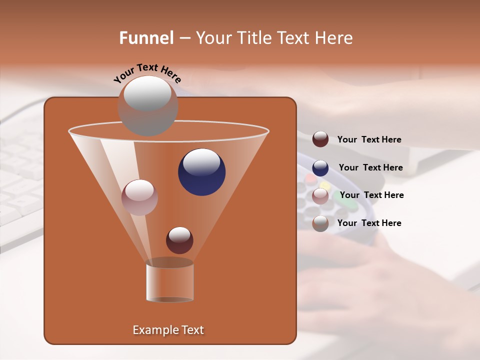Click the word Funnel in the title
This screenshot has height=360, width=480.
click(x=146, y=38)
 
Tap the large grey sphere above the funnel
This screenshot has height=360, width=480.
click(x=147, y=106)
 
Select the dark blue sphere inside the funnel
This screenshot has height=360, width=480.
click(x=202, y=172)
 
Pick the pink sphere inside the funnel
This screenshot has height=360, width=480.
click(x=139, y=197)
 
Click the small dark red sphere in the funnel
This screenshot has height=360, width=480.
click(x=179, y=240)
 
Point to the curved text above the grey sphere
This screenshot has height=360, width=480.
click(x=147, y=73)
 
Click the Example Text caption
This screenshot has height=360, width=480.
click(x=168, y=330)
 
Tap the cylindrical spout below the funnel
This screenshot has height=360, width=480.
click(x=169, y=282)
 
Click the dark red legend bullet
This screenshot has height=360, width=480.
click(x=320, y=139)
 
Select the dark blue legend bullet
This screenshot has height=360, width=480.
click(x=320, y=168)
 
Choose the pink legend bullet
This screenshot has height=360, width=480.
click(x=320, y=196)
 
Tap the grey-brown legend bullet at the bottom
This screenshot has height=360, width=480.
click(x=320, y=223)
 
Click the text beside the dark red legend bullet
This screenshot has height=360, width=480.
click(x=369, y=139)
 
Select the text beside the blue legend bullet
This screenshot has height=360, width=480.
click(x=370, y=167)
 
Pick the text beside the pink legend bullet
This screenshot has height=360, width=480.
click(x=371, y=195)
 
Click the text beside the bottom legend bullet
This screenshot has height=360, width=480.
click(x=369, y=223)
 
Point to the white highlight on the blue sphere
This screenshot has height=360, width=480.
click(x=201, y=162)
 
